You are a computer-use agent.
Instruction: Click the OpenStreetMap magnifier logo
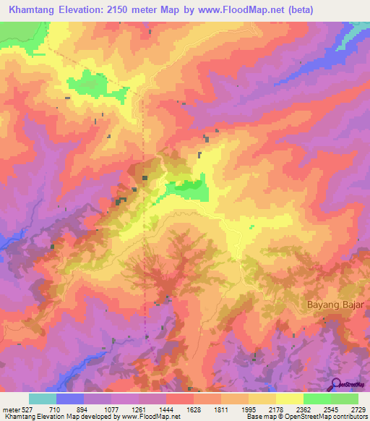click(336, 385)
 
